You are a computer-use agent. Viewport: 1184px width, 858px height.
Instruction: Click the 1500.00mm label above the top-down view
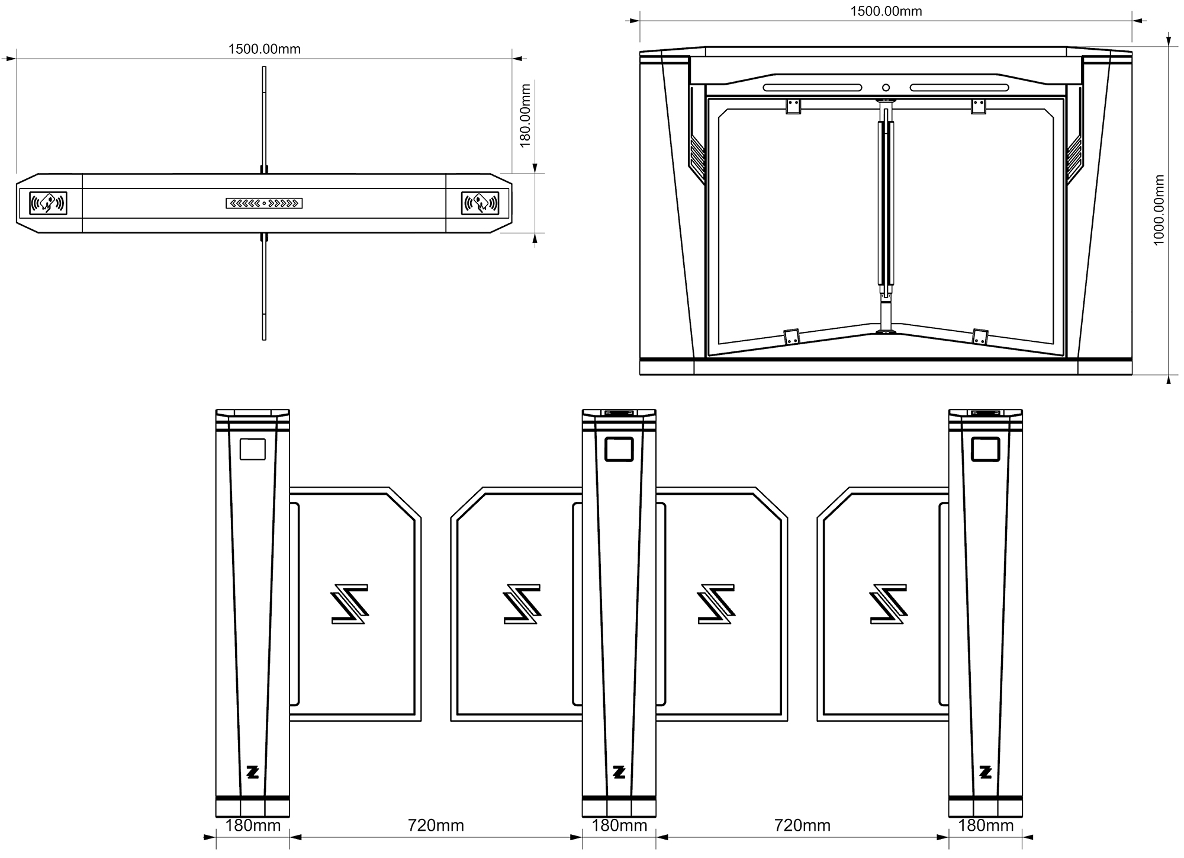[x=264, y=49]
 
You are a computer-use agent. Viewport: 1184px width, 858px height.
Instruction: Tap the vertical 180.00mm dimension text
[x=525, y=116]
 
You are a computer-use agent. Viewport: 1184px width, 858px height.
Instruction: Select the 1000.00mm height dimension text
[x=1159, y=210]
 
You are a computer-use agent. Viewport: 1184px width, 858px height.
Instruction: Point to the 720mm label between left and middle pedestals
[x=436, y=825]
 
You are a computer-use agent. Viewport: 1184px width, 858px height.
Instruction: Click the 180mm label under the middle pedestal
[x=619, y=825]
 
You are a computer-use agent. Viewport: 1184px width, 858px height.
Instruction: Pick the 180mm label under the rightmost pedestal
[x=986, y=825]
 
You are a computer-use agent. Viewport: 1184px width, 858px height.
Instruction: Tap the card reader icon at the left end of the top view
[x=48, y=203]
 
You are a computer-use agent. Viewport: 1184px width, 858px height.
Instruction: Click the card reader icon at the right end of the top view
[x=480, y=203]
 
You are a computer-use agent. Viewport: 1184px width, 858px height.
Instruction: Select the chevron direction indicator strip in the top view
[x=264, y=203]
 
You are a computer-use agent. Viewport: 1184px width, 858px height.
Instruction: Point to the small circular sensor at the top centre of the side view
[x=886, y=88]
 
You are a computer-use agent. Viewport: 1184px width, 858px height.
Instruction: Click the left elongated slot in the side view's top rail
[x=812, y=88]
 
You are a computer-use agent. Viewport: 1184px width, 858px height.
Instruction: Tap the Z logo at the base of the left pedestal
[x=253, y=772]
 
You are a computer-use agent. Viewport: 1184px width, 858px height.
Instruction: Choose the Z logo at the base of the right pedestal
[x=986, y=772]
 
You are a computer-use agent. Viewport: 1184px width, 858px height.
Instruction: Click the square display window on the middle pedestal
[x=619, y=449]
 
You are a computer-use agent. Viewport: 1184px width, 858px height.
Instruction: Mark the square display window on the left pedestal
[x=252, y=449]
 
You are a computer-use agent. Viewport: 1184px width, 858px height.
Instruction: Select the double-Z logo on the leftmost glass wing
[x=350, y=604]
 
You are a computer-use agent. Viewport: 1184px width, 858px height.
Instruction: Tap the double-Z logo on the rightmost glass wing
[x=889, y=604]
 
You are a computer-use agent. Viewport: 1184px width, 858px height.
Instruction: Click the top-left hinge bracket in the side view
[x=793, y=106]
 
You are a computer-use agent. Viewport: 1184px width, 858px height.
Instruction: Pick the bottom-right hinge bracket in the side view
[x=980, y=337]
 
